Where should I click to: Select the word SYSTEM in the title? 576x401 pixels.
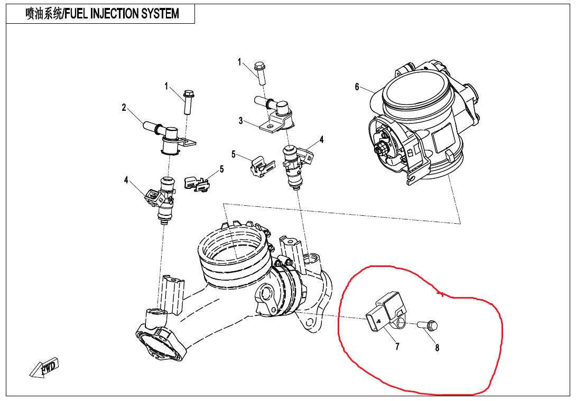pyautogui.click(x=160, y=14)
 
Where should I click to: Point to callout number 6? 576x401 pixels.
pyautogui.click(x=357, y=87)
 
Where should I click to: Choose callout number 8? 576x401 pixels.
pyautogui.click(x=437, y=348)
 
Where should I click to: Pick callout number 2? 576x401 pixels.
pyautogui.click(x=124, y=108)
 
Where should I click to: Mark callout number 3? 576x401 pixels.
pyautogui.click(x=241, y=121)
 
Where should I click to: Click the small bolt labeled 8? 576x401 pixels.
pyautogui.click(x=427, y=325)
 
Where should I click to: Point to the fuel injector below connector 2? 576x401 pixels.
pyautogui.click(x=165, y=200)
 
